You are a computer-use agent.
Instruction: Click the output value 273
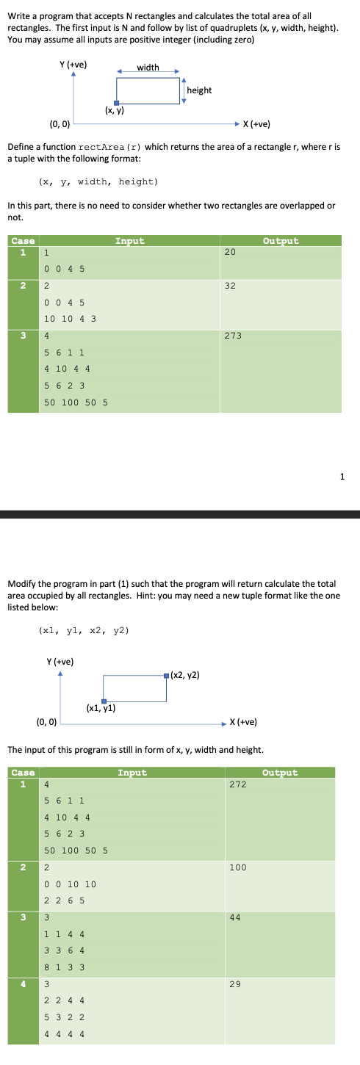click(231, 336)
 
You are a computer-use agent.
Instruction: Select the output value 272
click(237, 784)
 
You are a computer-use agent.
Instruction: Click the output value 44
click(234, 917)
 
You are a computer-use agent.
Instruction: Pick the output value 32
click(229, 286)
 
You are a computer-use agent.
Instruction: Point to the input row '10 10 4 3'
click(71, 319)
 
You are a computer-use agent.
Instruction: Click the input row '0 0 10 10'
click(70, 884)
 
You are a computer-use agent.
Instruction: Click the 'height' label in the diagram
click(199, 90)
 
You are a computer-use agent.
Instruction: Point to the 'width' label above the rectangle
click(148, 68)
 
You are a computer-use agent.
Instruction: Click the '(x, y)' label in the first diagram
click(114, 112)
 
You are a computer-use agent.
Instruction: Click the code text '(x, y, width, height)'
click(98, 181)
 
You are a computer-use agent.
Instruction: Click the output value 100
click(237, 867)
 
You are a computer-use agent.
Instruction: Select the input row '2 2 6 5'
click(64, 900)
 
